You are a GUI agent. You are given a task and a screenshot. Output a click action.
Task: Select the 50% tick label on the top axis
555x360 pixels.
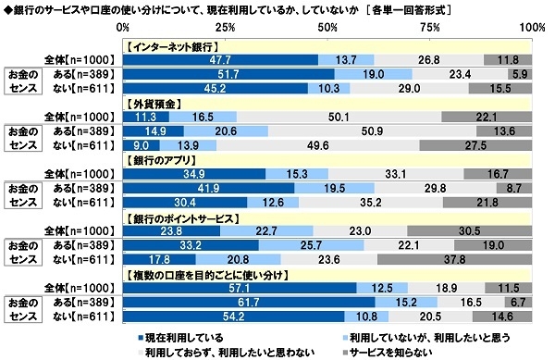click(327, 27)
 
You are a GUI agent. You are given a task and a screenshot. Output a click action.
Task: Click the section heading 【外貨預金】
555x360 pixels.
click(152, 104)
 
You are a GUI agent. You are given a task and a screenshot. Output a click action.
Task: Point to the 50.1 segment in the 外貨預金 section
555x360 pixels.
click(339, 117)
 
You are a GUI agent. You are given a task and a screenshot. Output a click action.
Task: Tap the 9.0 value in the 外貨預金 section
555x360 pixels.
click(141, 145)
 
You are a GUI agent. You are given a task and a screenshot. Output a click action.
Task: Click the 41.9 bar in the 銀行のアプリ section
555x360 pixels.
click(207, 189)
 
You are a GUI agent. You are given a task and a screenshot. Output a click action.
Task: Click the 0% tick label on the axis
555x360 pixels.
click(126, 27)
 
